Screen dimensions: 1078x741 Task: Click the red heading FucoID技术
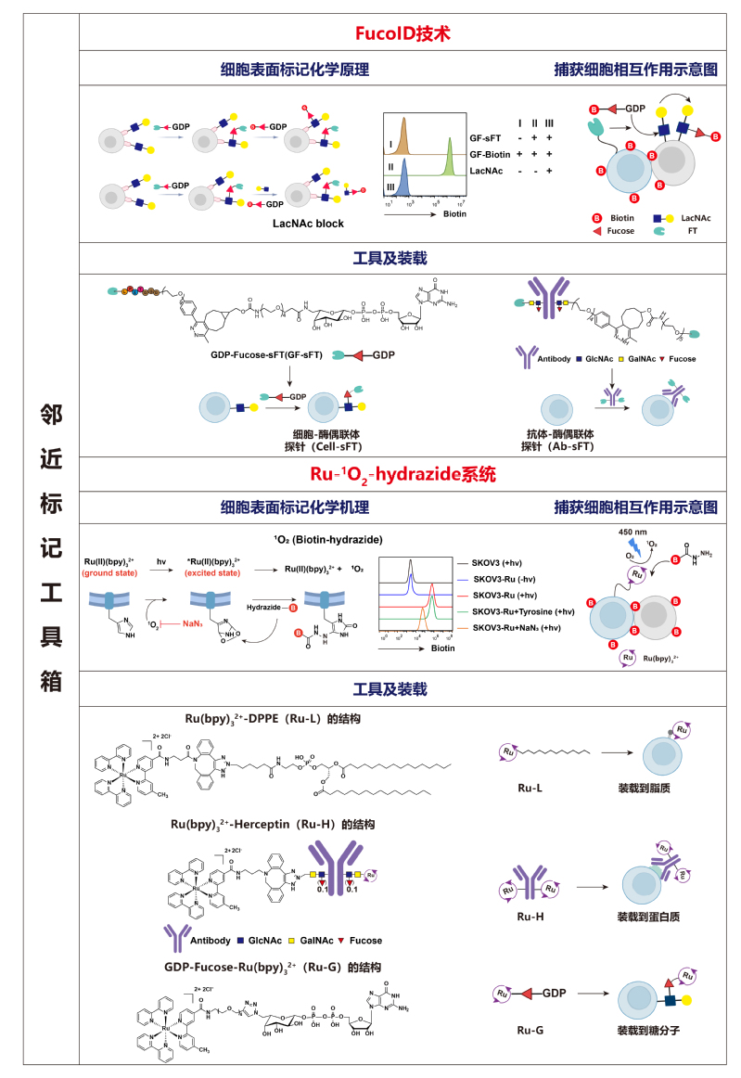pos(402,34)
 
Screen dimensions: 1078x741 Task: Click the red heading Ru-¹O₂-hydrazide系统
pos(402,475)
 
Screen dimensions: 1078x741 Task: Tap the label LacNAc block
pos(309,224)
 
